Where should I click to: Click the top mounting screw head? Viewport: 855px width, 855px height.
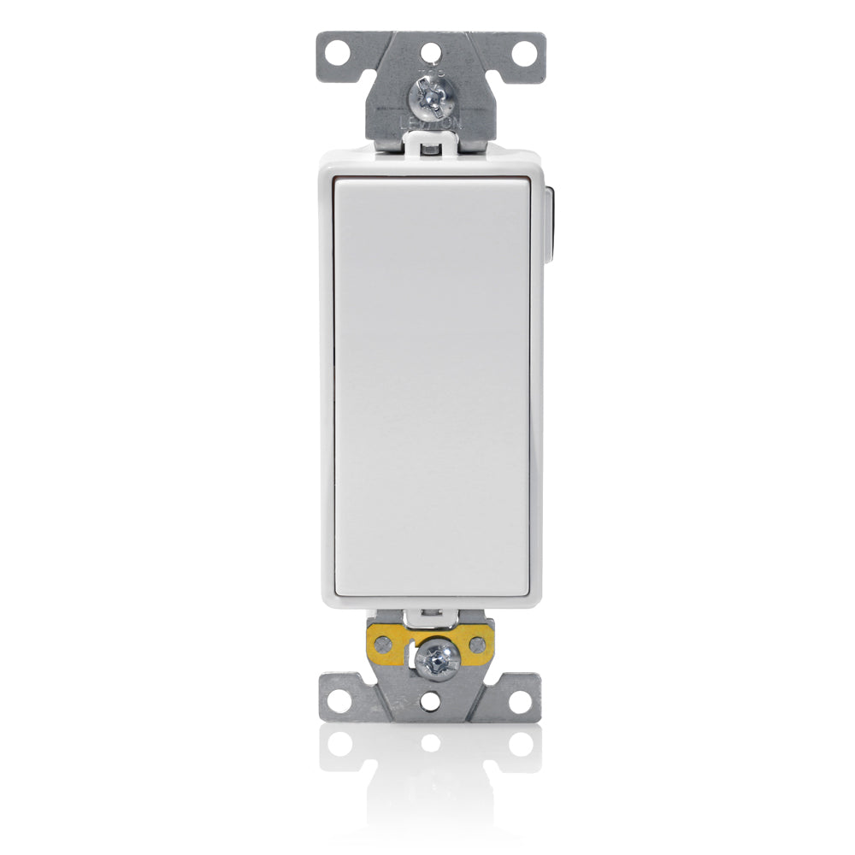point(431,97)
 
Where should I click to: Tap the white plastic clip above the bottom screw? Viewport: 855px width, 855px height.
point(430,615)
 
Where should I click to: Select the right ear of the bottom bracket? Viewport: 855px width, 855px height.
point(517,697)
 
